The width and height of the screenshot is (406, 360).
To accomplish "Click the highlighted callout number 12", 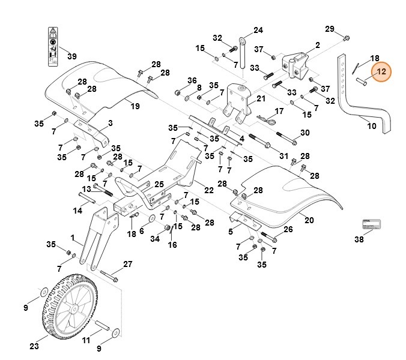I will click(x=381, y=73).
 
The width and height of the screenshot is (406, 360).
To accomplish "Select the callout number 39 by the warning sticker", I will click(x=71, y=56).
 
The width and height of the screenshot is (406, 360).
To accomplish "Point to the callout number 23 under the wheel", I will click(x=34, y=346).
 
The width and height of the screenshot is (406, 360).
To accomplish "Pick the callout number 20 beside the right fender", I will click(x=309, y=220).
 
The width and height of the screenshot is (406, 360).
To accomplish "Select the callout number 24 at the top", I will click(x=258, y=30).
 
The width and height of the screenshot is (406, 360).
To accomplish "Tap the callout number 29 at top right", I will click(x=330, y=29).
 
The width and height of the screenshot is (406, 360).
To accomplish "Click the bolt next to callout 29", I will click(x=347, y=39).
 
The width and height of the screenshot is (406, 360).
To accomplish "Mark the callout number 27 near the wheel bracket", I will click(x=127, y=264).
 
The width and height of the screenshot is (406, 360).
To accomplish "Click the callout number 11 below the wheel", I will click(x=86, y=340).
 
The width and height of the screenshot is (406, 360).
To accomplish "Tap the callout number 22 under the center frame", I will click(x=208, y=190).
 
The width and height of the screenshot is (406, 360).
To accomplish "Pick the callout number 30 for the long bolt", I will click(x=304, y=133).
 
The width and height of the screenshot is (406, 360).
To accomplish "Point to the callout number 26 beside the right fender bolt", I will click(x=288, y=229).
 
